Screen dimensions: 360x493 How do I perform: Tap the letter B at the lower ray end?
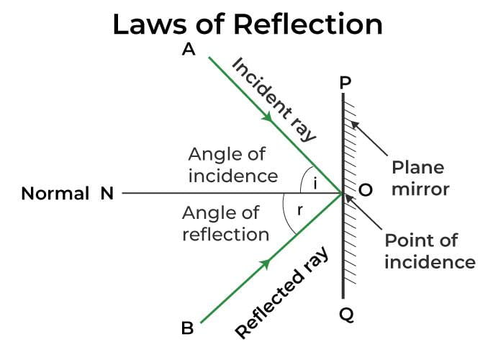pyautogui.click(x=187, y=329)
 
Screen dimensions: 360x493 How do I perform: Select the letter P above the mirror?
pyautogui.click(x=345, y=84)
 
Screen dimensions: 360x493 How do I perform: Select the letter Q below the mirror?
pyautogui.click(x=345, y=315)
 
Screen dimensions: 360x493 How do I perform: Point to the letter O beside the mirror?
pyautogui.click(x=365, y=191)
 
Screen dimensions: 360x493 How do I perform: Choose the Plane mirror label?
pyautogui.click(x=420, y=178)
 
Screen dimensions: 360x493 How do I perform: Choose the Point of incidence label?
pyautogui.click(x=430, y=251)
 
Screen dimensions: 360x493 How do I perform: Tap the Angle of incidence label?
pyautogui.click(x=232, y=164)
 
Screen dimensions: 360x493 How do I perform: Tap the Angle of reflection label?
pyautogui.click(x=226, y=223)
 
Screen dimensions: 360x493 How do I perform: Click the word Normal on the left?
pyautogui.click(x=55, y=193)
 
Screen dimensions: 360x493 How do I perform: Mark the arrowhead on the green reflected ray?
pyautogui.click(x=267, y=265)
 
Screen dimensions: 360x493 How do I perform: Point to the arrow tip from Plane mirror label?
pyautogui.click(x=353, y=123)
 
